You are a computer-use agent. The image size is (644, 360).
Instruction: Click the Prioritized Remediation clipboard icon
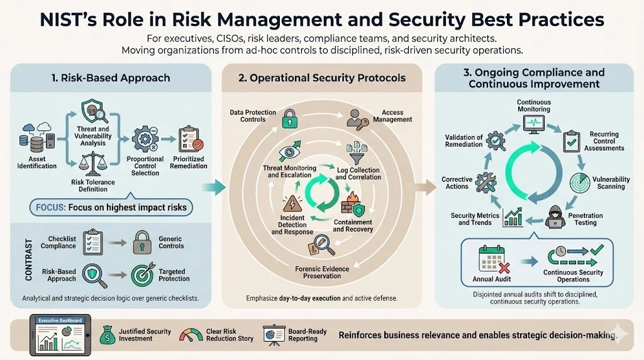coord(189,139)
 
